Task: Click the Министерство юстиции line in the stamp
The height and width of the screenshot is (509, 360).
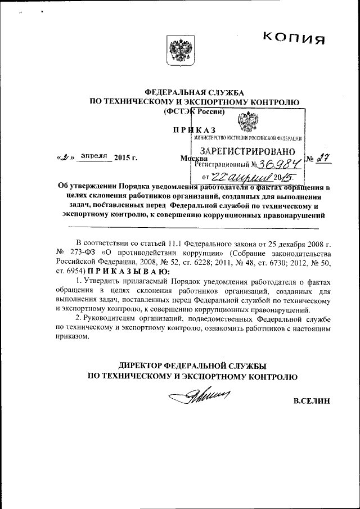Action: click(x=248, y=138)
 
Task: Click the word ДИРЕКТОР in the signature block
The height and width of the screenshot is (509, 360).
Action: click(x=137, y=364)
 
